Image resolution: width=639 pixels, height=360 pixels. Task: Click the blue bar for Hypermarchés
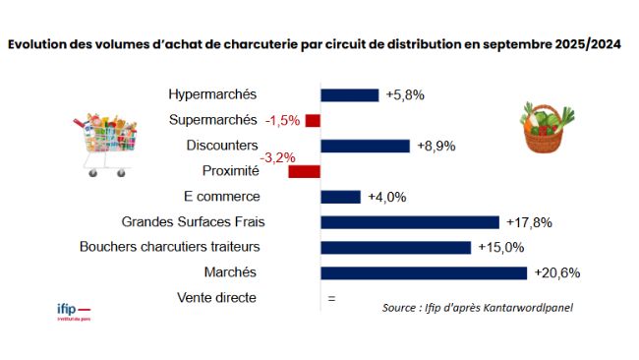(x=349, y=94)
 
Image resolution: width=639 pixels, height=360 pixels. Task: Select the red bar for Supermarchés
(x=313, y=120)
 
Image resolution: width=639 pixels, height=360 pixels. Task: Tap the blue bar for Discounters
(x=365, y=146)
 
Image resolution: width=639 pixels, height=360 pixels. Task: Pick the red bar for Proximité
(x=304, y=171)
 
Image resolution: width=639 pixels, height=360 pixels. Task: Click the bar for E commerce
(x=340, y=197)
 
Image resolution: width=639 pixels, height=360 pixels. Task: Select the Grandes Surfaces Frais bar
(x=409, y=221)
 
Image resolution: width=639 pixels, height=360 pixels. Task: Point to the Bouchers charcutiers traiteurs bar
(x=395, y=247)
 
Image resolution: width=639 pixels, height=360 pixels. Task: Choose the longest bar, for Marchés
(x=424, y=272)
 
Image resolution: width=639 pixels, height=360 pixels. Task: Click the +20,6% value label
(x=552, y=272)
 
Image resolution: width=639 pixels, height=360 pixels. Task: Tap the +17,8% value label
(x=524, y=221)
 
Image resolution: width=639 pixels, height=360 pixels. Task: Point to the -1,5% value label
(x=282, y=120)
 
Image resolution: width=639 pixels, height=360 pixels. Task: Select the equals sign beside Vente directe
(x=331, y=298)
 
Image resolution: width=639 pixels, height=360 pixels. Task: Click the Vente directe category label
(x=216, y=297)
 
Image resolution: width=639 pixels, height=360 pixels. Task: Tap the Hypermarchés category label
(x=212, y=94)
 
